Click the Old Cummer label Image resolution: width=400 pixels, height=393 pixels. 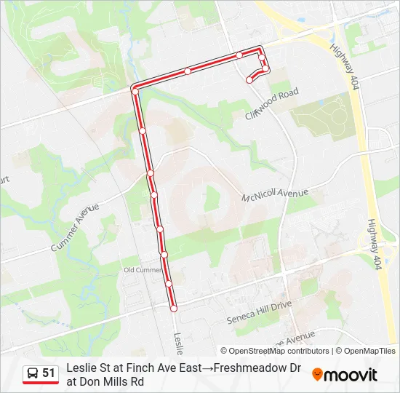pos(143,269)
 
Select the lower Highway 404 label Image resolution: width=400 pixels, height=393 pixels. pos(375,245)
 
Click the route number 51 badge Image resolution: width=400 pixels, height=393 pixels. pos(49,373)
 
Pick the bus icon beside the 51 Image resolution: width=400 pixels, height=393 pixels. pos(32,373)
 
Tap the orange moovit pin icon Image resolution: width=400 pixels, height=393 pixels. pos(317,375)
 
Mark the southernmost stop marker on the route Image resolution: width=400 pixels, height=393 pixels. pos(174,309)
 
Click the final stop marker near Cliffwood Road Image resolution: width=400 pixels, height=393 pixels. pos(249,80)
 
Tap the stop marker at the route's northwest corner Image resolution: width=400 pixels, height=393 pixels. pos(135,89)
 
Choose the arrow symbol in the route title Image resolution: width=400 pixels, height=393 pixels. pos(206,368)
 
